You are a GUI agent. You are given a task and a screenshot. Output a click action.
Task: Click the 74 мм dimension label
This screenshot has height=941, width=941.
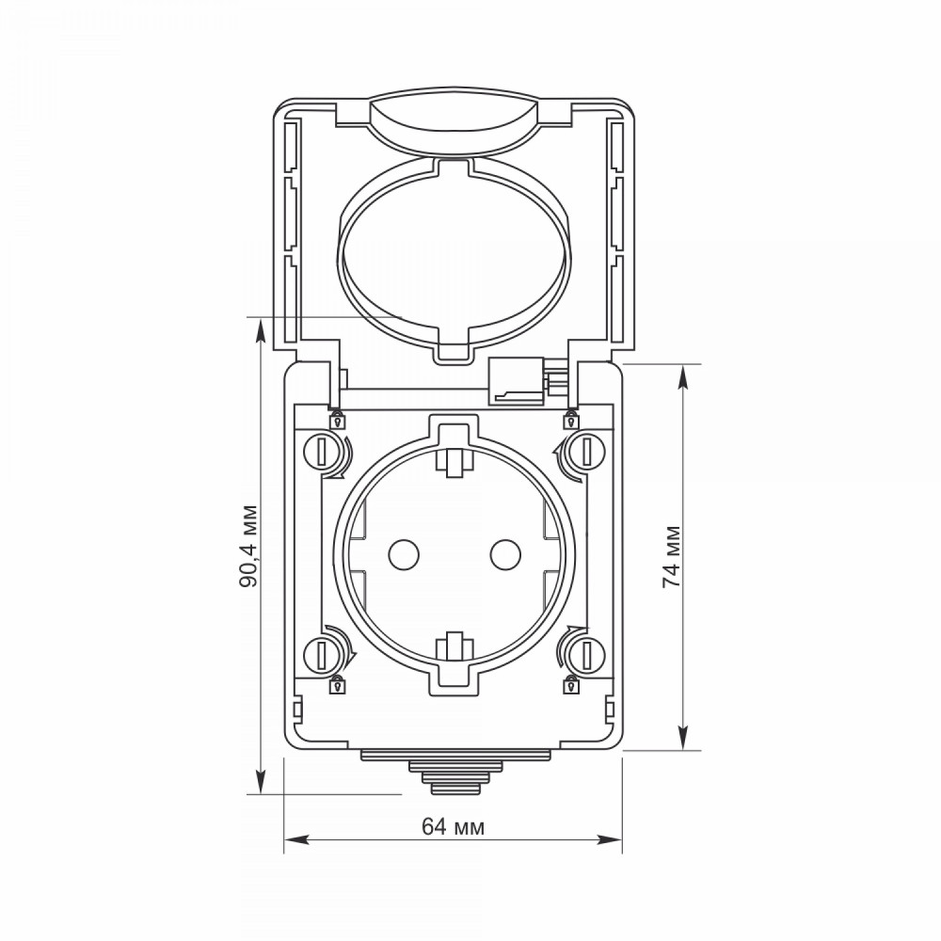672,556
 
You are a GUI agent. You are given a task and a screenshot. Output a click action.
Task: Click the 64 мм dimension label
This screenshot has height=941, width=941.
454,826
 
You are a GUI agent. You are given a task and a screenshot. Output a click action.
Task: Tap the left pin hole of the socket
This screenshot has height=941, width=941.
404,554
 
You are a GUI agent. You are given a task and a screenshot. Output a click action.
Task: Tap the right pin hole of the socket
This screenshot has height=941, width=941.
504,554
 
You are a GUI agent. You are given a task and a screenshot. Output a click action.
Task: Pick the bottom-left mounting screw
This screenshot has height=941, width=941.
321,655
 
